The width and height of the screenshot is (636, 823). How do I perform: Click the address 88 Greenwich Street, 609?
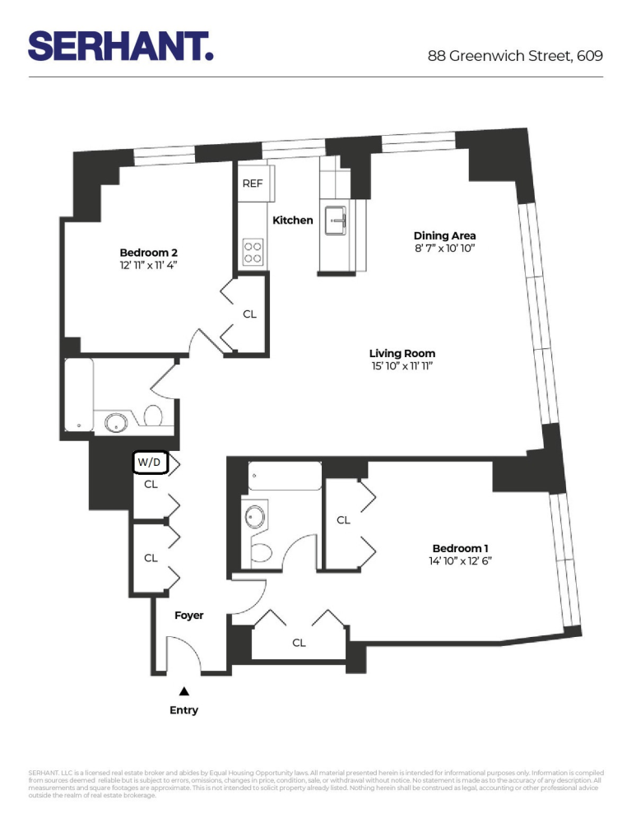tap(515, 56)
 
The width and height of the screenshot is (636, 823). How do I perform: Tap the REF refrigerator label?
tap(253, 184)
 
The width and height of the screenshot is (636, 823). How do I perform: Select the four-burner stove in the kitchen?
tap(253, 251)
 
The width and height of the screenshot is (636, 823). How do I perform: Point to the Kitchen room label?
tap(293, 221)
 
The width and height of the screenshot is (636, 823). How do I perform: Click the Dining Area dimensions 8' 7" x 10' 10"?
tap(445, 248)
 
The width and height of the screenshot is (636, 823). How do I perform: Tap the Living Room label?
tap(402, 353)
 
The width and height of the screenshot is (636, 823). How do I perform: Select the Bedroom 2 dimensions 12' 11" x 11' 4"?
tap(149, 266)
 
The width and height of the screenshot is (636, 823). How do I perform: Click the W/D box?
tap(150, 463)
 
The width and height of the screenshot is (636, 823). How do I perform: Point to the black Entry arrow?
tap(184, 692)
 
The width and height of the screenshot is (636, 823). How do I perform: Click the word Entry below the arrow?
tap(184, 710)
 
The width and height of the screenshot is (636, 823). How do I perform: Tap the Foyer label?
tap(188, 616)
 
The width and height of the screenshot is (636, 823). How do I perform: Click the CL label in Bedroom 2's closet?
tap(249, 314)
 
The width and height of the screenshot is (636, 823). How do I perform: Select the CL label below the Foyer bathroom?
tap(299, 643)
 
